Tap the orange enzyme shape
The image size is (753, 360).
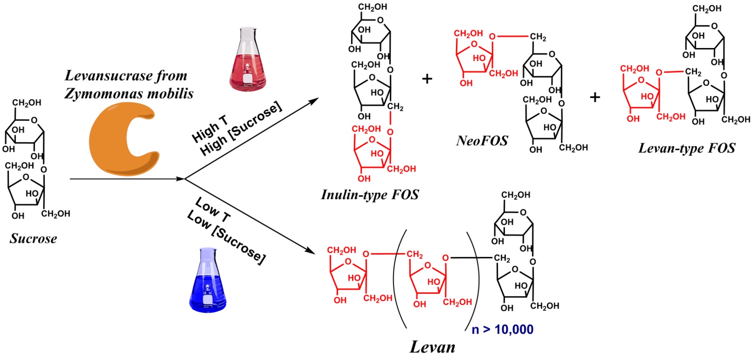(x=123, y=139)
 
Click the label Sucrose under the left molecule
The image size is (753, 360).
(x=33, y=239)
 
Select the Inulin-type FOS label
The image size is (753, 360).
(x=370, y=195)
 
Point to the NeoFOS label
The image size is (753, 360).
(x=482, y=141)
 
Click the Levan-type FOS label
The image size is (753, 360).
(x=686, y=149)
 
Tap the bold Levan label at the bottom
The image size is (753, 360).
(x=433, y=347)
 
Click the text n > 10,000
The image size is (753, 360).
(x=502, y=329)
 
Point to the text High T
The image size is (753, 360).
(x=209, y=129)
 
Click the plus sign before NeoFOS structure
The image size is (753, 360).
(x=427, y=78)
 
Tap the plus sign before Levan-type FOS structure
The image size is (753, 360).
(x=595, y=97)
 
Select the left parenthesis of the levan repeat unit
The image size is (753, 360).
(x=399, y=279)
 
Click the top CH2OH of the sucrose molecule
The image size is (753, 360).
(x=26, y=103)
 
